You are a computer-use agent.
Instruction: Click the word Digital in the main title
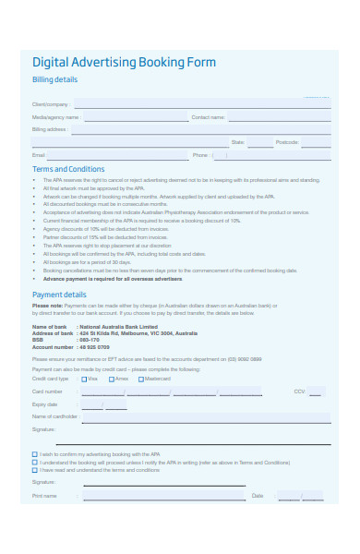[x=52, y=63]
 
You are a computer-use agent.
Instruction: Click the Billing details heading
[x=55, y=80]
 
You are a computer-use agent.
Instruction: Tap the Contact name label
[x=208, y=118]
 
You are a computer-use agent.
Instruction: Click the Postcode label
[x=287, y=142]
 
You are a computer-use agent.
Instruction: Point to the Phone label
[x=200, y=155]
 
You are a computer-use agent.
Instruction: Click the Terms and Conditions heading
[x=68, y=170]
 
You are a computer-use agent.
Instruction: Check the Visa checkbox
[x=85, y=379]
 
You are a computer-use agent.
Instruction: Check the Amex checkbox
[x=111, y=379]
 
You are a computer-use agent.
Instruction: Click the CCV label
[x=299, y=391]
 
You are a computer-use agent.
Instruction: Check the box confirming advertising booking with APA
[x=35, y=454]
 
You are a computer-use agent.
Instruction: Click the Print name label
[x=44, y=496]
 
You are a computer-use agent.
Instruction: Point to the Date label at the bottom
[x=258, y=496]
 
